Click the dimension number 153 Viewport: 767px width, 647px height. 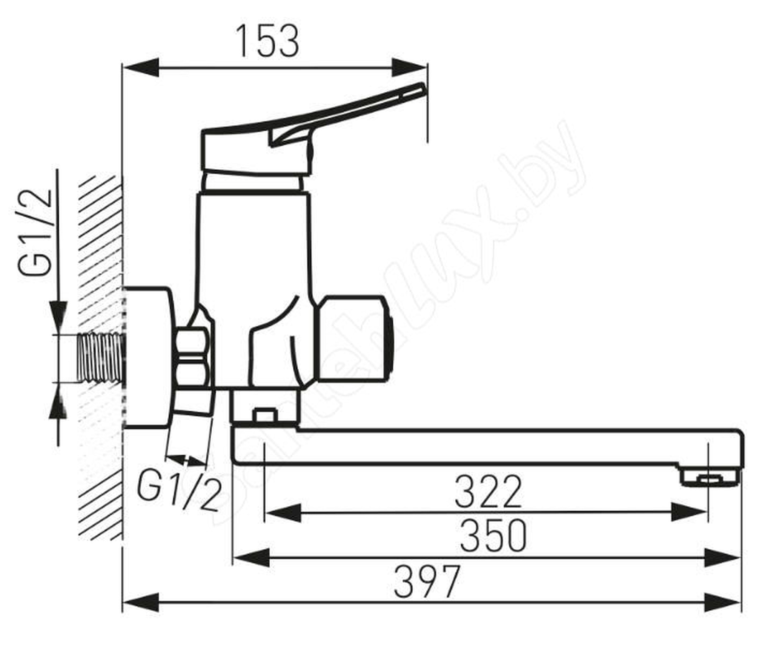tap(268, 41)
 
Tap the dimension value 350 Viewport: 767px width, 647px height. tap(493, 536)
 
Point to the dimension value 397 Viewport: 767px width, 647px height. tap(427, 582)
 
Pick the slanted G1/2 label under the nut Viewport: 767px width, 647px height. tap(179, 490)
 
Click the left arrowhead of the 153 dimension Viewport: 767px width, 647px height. tap(140, 68)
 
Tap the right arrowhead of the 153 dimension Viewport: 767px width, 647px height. tap(409, 68)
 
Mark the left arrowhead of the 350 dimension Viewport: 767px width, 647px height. tap(251, 557)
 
